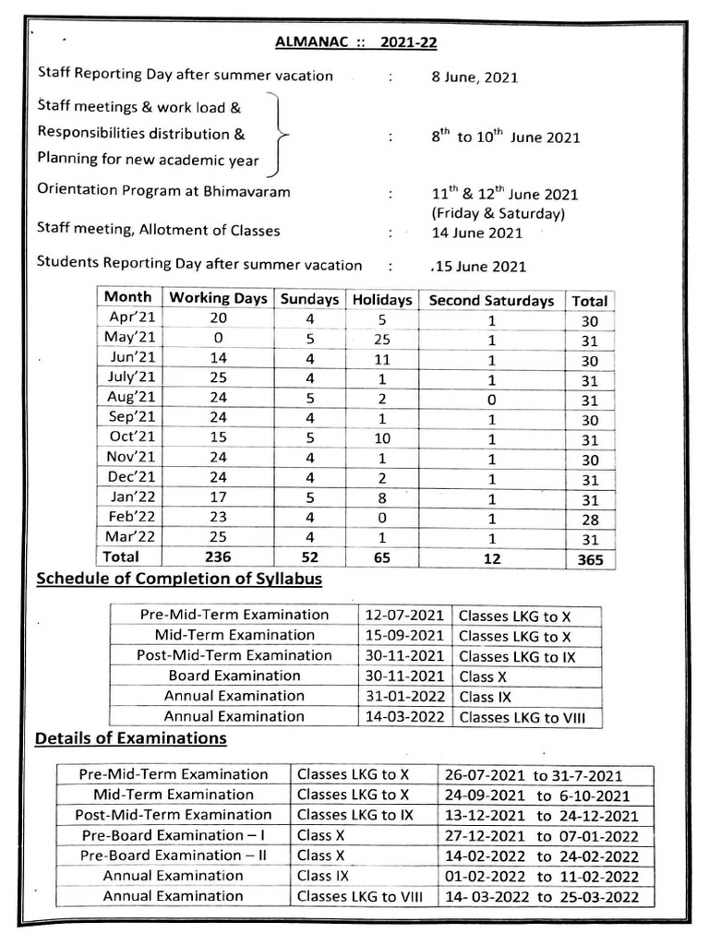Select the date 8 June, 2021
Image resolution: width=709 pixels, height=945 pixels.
[x=475, y=78]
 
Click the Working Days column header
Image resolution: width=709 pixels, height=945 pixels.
[x=219, y=298]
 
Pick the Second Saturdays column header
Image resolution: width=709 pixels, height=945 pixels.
[x=491, y=301]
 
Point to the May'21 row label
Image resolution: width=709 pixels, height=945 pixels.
[x=128, y=337]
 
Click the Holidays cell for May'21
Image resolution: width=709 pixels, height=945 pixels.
[x=382, y=339]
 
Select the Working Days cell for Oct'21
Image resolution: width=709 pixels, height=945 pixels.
[x=219, y=437]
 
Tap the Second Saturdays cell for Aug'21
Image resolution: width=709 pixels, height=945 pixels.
[x=491, y=401]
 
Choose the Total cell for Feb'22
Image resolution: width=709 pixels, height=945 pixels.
[x=590, y=520]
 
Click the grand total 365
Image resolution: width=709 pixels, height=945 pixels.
[x=590, y=559]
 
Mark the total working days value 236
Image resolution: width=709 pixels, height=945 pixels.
[x=219, y=557]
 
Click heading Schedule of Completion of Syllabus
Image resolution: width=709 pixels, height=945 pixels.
[x=178, y=580]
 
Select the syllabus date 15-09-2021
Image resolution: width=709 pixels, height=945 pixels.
[x=404, y=635]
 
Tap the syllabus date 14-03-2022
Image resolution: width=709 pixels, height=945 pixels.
[x=404, y=716]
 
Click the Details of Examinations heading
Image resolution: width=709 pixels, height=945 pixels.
[x=130, y=738]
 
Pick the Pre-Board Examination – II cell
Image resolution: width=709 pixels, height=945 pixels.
[x=174, y=855]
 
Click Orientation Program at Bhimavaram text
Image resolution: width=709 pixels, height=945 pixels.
[x=163, y=191]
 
